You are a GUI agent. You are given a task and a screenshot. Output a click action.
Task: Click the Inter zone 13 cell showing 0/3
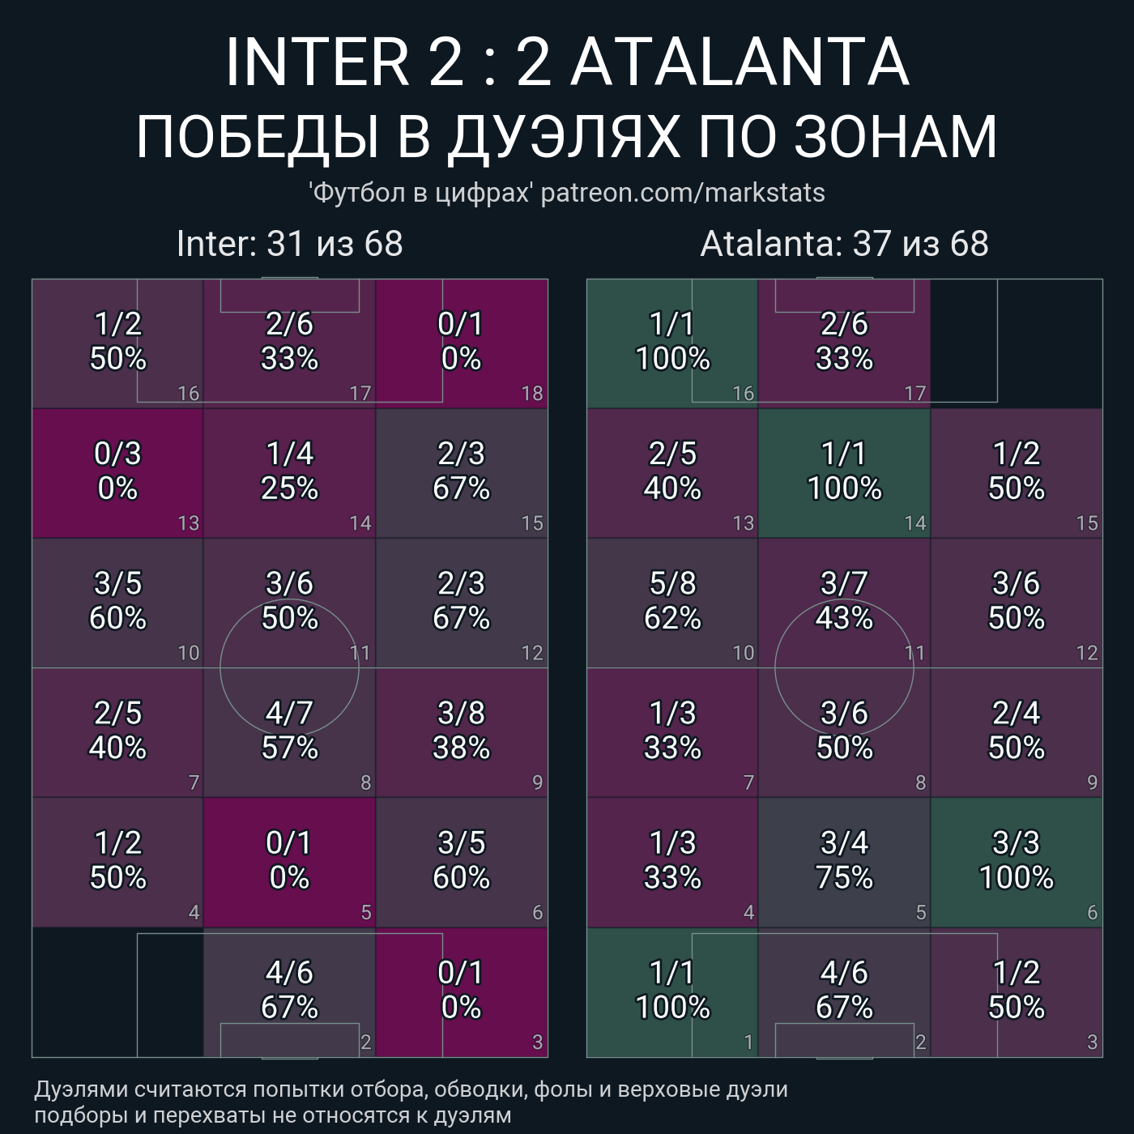point(117,472)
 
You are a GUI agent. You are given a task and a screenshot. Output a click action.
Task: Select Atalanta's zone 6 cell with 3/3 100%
point(1017,861)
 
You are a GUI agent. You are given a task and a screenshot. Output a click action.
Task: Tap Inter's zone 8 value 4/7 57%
point(289,731)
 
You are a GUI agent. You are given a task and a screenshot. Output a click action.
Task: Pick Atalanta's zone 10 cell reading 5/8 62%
point(672,602)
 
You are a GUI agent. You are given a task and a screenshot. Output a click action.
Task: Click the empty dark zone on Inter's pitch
point(117,992)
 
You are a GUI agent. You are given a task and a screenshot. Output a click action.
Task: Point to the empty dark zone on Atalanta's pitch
point(1017,343)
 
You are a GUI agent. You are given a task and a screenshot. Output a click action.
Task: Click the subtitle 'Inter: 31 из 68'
point(289,244)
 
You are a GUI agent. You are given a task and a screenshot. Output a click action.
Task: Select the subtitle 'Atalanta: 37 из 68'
point(844,244)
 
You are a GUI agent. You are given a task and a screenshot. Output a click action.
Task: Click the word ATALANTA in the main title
point(740,62)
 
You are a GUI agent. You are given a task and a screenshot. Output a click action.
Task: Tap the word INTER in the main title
point(317,62)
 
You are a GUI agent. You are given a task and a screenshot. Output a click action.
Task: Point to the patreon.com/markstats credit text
point(683,193)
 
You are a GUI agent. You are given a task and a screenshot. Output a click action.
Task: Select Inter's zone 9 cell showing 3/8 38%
point(461,731)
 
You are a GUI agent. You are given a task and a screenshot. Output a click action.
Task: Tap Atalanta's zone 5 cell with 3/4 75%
point(844,861)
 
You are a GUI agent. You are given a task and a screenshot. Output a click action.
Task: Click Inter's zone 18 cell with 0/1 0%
point(461,343)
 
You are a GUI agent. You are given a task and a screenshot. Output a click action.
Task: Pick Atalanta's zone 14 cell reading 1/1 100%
point(844,472)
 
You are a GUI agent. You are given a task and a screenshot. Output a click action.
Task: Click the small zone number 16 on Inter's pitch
point(189,394)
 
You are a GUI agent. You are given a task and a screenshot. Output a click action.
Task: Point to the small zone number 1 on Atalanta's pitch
point(748,1042)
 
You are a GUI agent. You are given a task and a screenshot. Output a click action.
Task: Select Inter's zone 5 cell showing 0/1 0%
point(289,861)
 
